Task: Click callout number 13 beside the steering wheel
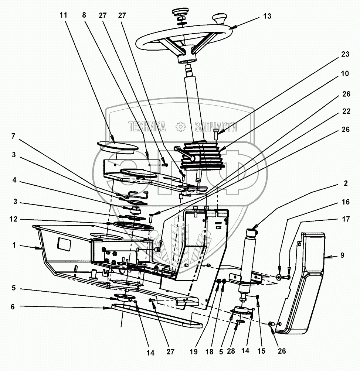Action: click(x=267, y=16)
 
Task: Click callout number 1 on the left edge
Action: click(x=14, y=245)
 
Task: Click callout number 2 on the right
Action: click(x=345, y=183)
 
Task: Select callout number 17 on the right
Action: click(x=345, y=219)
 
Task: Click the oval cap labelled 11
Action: click(x=116, y=145)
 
